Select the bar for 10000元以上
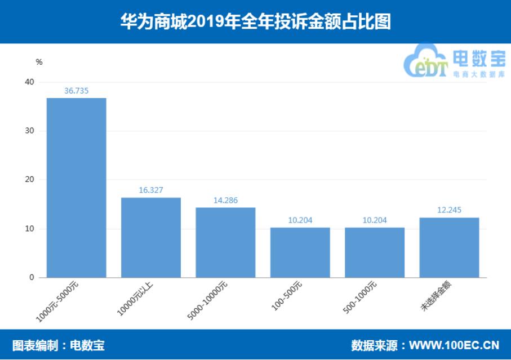tap(151, 237)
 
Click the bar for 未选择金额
tap(449, 247)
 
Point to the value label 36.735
tap(77, 90)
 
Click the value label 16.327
tap(151, 190)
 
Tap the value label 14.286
tap(225, 200)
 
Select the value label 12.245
tap(449, 210)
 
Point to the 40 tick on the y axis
tap(29, 82)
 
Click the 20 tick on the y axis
tap(29, 180)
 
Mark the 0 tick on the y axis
tap(32, 278)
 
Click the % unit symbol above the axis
tap(39, 62)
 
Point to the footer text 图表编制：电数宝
tap(59, 345)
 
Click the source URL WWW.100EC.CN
tap(454, 345)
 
